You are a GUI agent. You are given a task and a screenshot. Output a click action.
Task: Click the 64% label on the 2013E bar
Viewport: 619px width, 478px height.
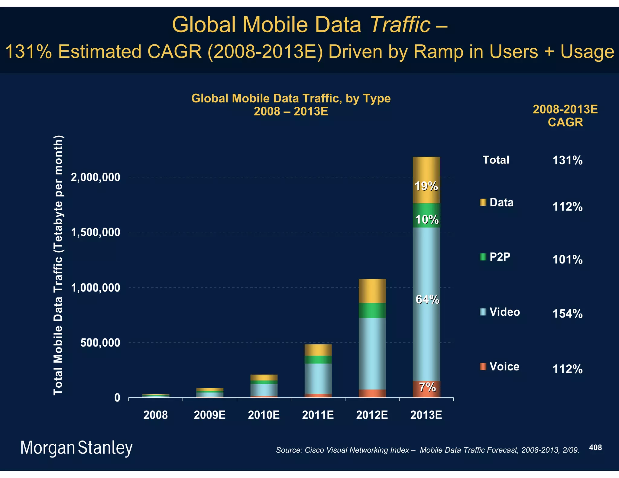427,299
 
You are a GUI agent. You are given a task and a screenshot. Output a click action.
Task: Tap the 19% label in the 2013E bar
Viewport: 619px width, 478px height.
426,186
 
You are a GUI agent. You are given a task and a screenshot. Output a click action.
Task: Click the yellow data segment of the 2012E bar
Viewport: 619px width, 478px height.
372,291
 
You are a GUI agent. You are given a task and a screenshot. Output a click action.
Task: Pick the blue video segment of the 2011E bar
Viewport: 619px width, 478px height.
318,378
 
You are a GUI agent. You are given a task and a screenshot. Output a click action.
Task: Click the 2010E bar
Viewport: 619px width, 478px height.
264,386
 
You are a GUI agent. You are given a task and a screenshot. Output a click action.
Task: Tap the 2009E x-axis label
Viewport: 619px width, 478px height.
209,415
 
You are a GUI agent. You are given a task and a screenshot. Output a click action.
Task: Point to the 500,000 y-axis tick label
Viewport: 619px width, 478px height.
100,343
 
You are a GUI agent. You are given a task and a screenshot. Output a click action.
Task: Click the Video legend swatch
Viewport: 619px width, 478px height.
483,312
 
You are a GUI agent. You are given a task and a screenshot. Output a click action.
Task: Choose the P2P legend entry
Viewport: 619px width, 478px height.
500,257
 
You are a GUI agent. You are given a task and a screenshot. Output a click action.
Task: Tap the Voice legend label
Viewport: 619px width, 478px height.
504,367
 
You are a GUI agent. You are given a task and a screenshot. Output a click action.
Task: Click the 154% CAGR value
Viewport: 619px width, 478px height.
567,314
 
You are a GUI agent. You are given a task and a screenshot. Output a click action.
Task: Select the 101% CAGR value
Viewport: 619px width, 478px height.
567,260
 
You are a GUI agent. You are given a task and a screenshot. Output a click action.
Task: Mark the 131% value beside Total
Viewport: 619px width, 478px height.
567,160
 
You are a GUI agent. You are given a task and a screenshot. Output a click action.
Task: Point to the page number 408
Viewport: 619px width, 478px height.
595,447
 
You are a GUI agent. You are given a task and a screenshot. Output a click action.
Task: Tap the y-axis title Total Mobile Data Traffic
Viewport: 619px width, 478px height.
58,265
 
